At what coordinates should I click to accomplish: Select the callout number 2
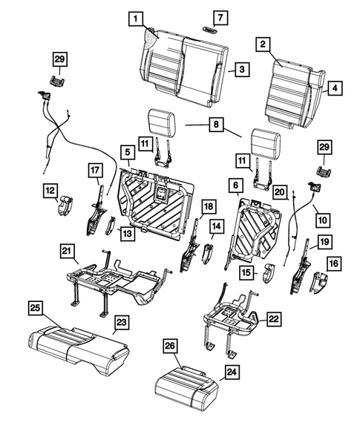pos(262,45)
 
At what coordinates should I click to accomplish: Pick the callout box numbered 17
pos(94,170)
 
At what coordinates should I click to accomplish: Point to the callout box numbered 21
pos(68,254)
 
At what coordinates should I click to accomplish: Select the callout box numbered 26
pos(170,346)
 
